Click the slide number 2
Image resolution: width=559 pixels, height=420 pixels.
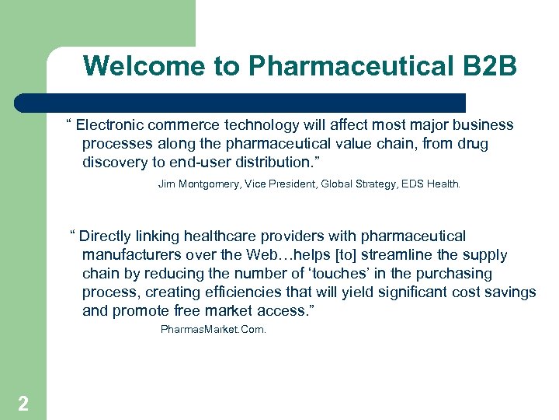[x=23, y=403]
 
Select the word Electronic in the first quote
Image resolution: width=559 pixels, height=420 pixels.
[x=113, y=125]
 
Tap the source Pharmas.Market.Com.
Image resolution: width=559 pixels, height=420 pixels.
[x=213, y=330]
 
